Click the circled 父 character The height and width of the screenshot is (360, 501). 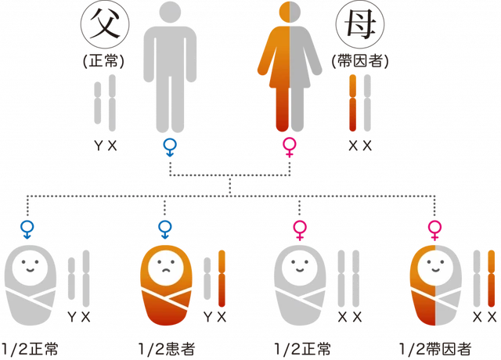105,24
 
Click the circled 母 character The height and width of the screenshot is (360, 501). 360,24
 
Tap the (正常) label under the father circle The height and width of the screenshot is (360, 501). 103,61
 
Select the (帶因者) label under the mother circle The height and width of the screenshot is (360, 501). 360,61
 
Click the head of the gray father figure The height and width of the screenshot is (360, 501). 170,13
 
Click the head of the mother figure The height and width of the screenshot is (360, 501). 290,13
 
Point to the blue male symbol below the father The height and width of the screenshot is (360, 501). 170,147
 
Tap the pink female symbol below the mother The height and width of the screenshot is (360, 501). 290,147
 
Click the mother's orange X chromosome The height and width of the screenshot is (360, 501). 353,103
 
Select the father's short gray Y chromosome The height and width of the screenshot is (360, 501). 98,103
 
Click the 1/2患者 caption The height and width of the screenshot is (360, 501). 167,349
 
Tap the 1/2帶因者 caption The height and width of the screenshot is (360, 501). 435,349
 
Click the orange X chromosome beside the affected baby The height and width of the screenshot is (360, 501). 222,279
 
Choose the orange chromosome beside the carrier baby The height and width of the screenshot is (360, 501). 492,279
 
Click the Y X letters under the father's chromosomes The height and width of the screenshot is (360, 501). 106,146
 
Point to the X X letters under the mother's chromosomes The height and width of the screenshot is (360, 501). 360,146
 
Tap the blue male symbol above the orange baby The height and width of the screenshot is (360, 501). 165,229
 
